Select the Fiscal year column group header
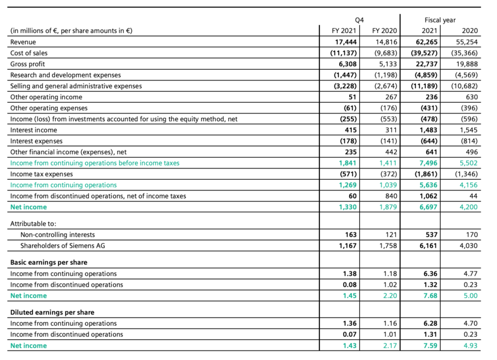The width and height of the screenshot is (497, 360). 440,20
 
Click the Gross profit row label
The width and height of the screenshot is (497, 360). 28,64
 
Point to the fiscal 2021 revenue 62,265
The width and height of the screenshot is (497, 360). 425,42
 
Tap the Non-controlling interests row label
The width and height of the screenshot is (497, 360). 57,235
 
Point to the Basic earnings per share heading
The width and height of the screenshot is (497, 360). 49,262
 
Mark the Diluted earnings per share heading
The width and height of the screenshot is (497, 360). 52,312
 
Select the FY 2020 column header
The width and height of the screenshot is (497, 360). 385,31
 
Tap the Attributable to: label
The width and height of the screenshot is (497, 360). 33,224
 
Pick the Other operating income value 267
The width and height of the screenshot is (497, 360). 390,97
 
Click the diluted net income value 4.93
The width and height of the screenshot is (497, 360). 469,346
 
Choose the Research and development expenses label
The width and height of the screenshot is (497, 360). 65,75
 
